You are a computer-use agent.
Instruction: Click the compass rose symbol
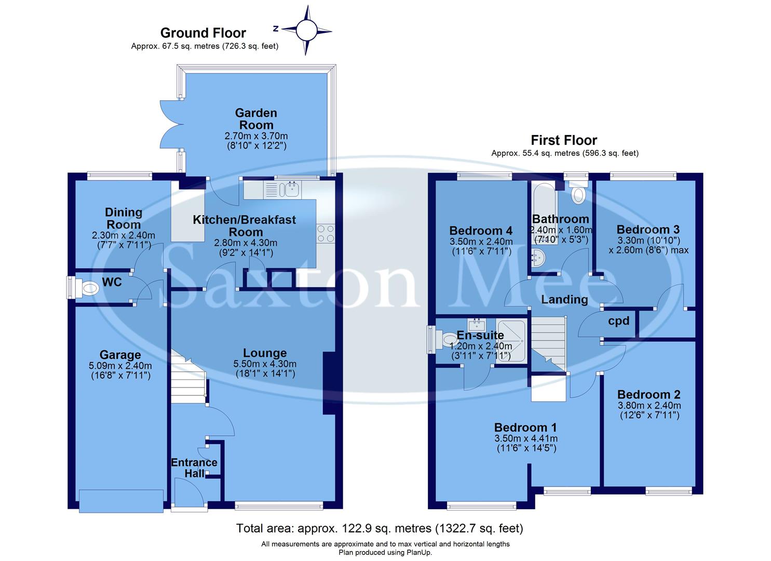[306, 30]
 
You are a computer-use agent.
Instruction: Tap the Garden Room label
[255, 119]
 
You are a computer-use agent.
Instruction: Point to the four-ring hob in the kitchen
[326, 233]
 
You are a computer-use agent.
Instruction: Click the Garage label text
[120, 355]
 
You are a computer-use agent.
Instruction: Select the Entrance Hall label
[194, 468]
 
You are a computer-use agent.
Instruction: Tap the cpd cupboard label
[618, 321]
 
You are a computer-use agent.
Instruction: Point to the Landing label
[564, 300]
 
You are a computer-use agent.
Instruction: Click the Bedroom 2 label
[648, 394]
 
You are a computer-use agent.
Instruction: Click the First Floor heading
[564, 140]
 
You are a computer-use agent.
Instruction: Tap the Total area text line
[380, 528]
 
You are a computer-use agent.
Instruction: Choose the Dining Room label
[123, 218]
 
